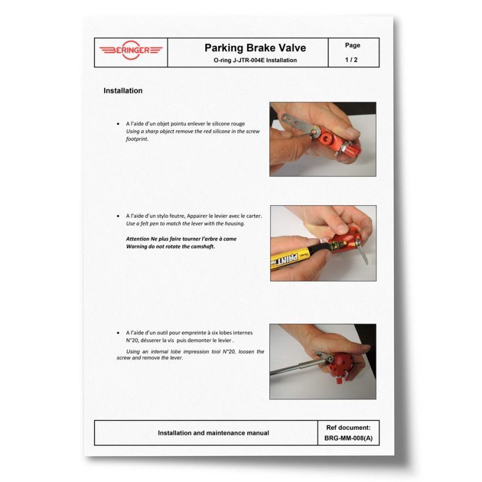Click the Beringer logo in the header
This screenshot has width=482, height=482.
coord(131,50)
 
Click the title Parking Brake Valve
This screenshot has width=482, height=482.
coord(255,48)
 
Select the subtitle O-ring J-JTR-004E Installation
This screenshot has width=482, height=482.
coord(255,60)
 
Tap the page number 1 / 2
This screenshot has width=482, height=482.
coord(351,59)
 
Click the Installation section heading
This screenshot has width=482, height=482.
coord(123,91)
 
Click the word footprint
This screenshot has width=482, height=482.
coord(137,139)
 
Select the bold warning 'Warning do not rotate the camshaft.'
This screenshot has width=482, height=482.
coord(170,247)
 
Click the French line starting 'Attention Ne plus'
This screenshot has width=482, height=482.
coord(181,239)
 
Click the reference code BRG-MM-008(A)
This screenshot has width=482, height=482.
coord(348,438)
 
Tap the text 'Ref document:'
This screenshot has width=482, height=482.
coord(348,428)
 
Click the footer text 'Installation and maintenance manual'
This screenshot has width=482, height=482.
coord(213,433)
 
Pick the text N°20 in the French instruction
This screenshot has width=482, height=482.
coord(132,341)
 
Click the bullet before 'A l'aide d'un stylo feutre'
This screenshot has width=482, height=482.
coord(118,216)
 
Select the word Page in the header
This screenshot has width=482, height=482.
coord(352,45)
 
